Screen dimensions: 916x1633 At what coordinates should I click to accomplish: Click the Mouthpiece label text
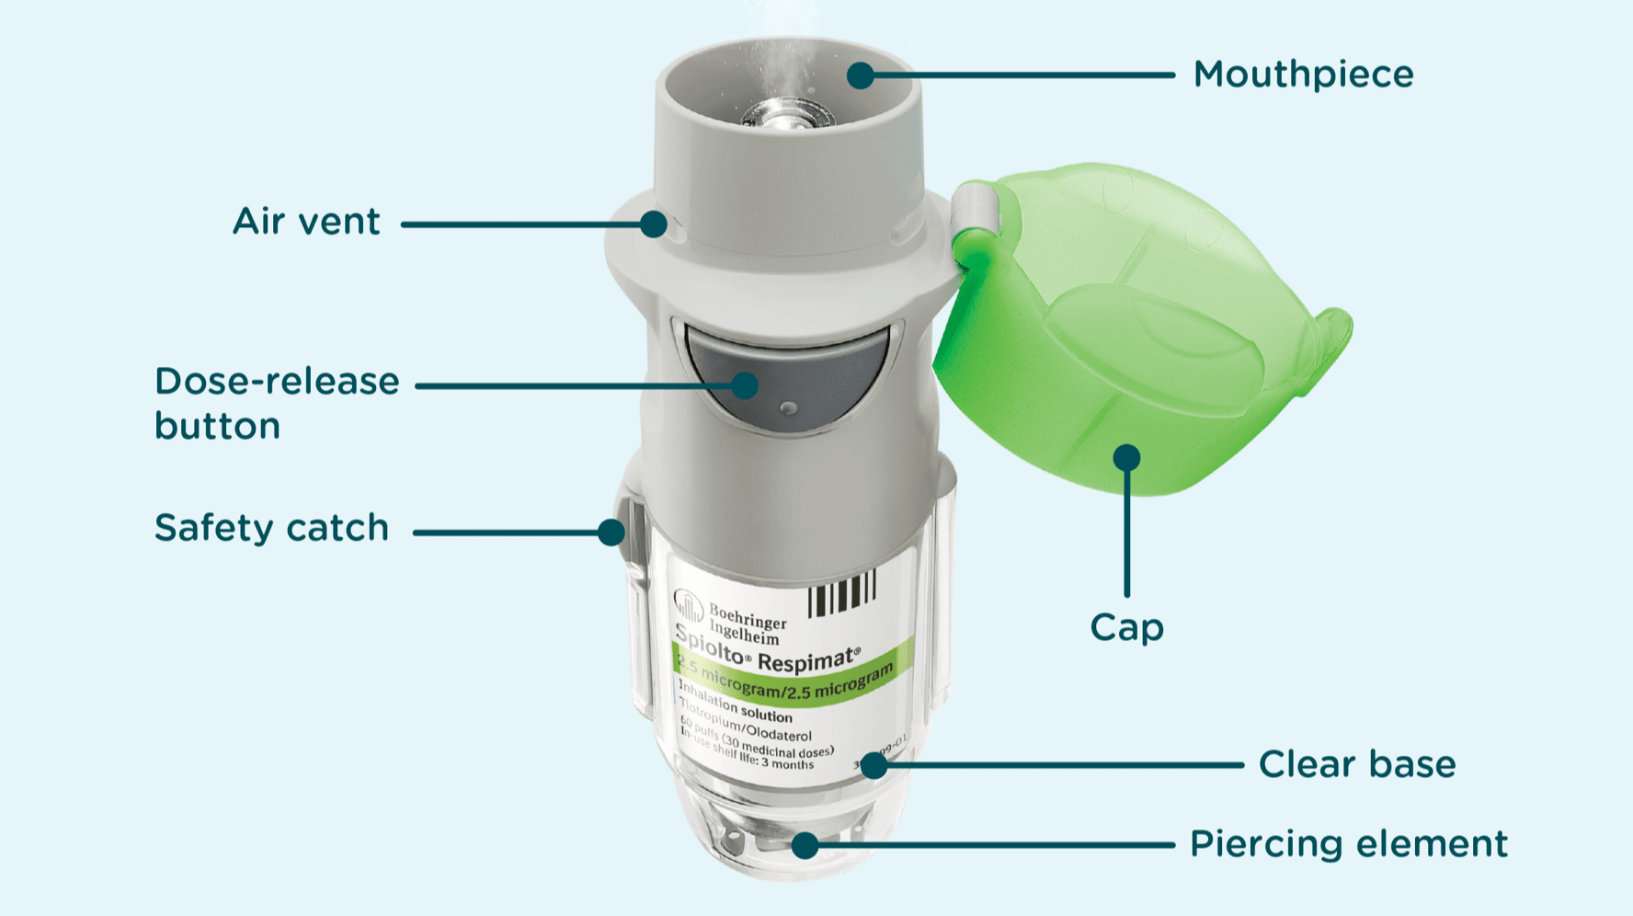tap(1303, 74)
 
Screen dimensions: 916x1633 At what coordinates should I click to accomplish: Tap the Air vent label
tap(306, 222)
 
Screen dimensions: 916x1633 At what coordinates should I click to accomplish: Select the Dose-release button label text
tap(277, 403)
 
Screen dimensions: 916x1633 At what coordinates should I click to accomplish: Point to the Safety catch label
tap(272, 528)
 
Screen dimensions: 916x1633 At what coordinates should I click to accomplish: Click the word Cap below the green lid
tap(1126, 627)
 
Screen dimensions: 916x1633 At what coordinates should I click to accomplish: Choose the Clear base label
tap(1357, 764)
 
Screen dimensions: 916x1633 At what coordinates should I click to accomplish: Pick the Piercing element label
tap(1349, 843)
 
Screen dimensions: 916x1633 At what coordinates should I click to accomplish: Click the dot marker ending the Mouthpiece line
tap(861, 75)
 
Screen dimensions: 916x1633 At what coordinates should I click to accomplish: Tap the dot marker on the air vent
tap(654, 223)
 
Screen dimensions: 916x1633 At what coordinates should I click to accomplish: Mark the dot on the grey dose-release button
tap(745, 385)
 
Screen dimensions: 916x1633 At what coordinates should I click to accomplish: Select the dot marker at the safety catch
tap(611, 532)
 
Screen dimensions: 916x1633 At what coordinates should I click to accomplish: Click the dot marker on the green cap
tap(1126, 457)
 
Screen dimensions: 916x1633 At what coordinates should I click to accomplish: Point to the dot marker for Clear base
tap(874, 764)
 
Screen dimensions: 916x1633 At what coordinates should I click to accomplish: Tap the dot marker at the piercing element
tap(805, 845)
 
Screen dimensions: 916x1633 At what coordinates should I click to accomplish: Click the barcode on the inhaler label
tap(841, 593)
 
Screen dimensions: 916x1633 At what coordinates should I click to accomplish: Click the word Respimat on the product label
tap(808, 660)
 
